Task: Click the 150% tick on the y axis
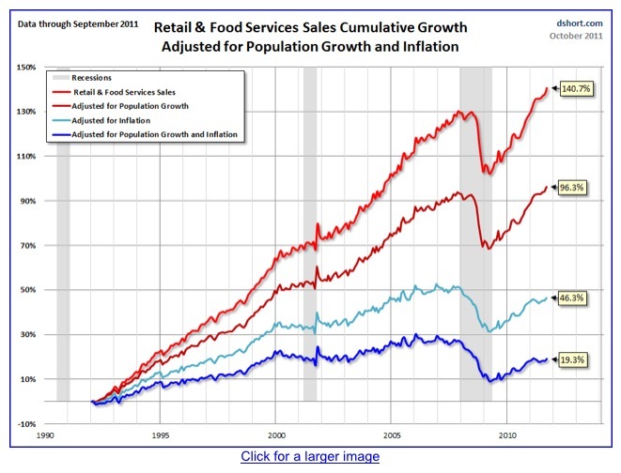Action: [x=25, y=68]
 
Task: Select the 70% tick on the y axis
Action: [x=25, y=246]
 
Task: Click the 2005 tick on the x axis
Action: [x=392, y=435]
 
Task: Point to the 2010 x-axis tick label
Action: [x=508, y=435]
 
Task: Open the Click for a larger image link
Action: [x=310, y=457]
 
